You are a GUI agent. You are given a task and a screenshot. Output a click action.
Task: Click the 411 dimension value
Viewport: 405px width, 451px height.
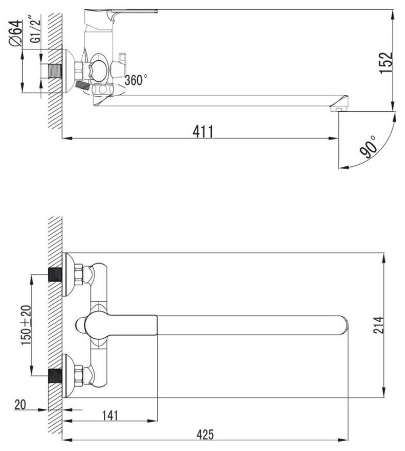[203, 132]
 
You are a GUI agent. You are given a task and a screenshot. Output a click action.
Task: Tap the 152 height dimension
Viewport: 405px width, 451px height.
[386, 63]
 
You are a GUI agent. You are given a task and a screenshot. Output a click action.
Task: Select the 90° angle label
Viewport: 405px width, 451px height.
[369, 148]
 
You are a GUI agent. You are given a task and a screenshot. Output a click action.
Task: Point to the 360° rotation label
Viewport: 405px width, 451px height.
[136, 80]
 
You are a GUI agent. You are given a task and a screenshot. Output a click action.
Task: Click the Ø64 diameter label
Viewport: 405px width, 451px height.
[15, 33]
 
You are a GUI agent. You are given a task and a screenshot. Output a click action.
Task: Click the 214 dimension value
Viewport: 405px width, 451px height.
[378, 325]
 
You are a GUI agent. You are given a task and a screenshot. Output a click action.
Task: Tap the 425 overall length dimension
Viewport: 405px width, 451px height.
[205, 435]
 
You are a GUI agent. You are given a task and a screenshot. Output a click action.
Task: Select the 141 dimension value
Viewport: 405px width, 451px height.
[110, 415]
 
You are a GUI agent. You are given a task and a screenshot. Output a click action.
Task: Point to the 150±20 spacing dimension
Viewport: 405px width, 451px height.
[26, 325]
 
